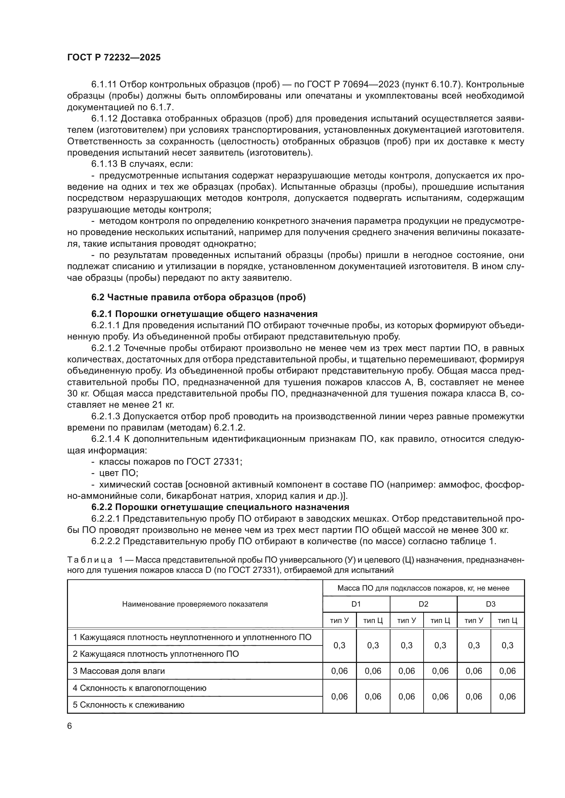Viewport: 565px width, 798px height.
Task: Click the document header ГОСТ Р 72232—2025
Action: coord(114,58)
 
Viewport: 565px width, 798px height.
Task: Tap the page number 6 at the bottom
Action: coord(70,726)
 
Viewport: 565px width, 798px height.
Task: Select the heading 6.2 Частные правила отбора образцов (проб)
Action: coord(198,297)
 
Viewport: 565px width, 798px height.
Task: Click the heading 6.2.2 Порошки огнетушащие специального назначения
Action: coord(220,507)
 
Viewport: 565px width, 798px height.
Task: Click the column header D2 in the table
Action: coord(423,604)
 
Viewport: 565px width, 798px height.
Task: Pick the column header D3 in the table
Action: coord(491,604)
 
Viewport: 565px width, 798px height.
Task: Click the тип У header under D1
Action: coord(339,621)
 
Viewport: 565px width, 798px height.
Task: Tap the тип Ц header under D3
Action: coord(507,621)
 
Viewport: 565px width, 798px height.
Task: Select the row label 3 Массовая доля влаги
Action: coord(118,671)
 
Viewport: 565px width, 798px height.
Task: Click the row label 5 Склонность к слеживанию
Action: coord(128,705)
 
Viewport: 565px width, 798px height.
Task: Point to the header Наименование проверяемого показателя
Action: coord(195,604)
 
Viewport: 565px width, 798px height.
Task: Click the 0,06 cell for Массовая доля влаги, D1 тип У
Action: coord(339,671)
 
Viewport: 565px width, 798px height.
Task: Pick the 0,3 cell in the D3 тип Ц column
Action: coord(507,645)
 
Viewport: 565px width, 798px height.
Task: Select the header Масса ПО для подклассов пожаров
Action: coord(423,588)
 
